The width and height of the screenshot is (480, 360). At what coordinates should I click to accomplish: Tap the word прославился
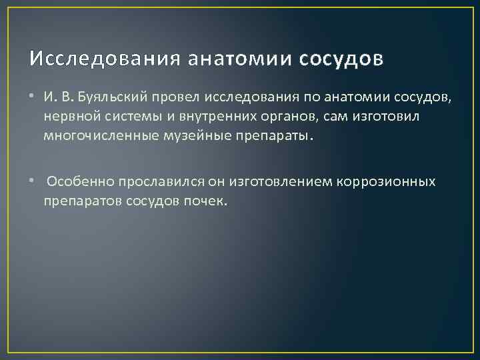(x=145, y=181)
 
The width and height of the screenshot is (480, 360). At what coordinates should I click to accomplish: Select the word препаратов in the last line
(x=76, y=200)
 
